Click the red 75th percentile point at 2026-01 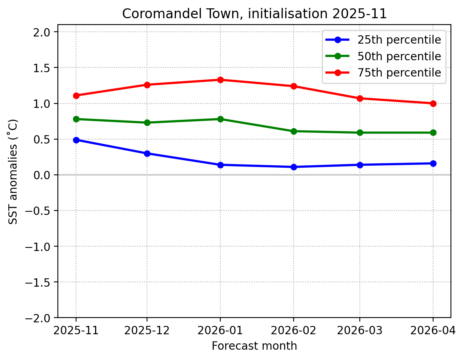click(x=220, y=80)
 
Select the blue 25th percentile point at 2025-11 click(x=76, y=140)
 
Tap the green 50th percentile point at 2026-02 click(x=294, y=131)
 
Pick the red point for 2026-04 click(x=433, y=103)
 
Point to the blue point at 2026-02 click(x=294, y=167)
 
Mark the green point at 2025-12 click(x=147, y=123)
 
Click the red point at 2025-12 click(x=147, y=85)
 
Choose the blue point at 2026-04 click(x=433, y=163)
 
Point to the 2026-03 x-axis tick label click(x=360, y=330)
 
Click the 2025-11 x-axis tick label click(x=76, y=330)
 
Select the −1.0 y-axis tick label click(x=40, y=247)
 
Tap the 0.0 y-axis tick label click(x=44, y=175)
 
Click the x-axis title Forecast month click(x=254, y=346)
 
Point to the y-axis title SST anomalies click(x=13, y=171)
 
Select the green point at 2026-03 click(x=360, y=132)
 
